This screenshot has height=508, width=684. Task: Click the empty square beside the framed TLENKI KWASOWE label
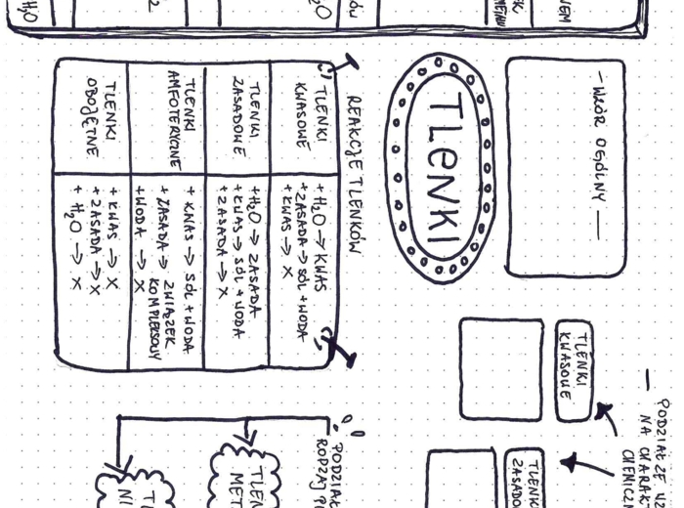point(500,368)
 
